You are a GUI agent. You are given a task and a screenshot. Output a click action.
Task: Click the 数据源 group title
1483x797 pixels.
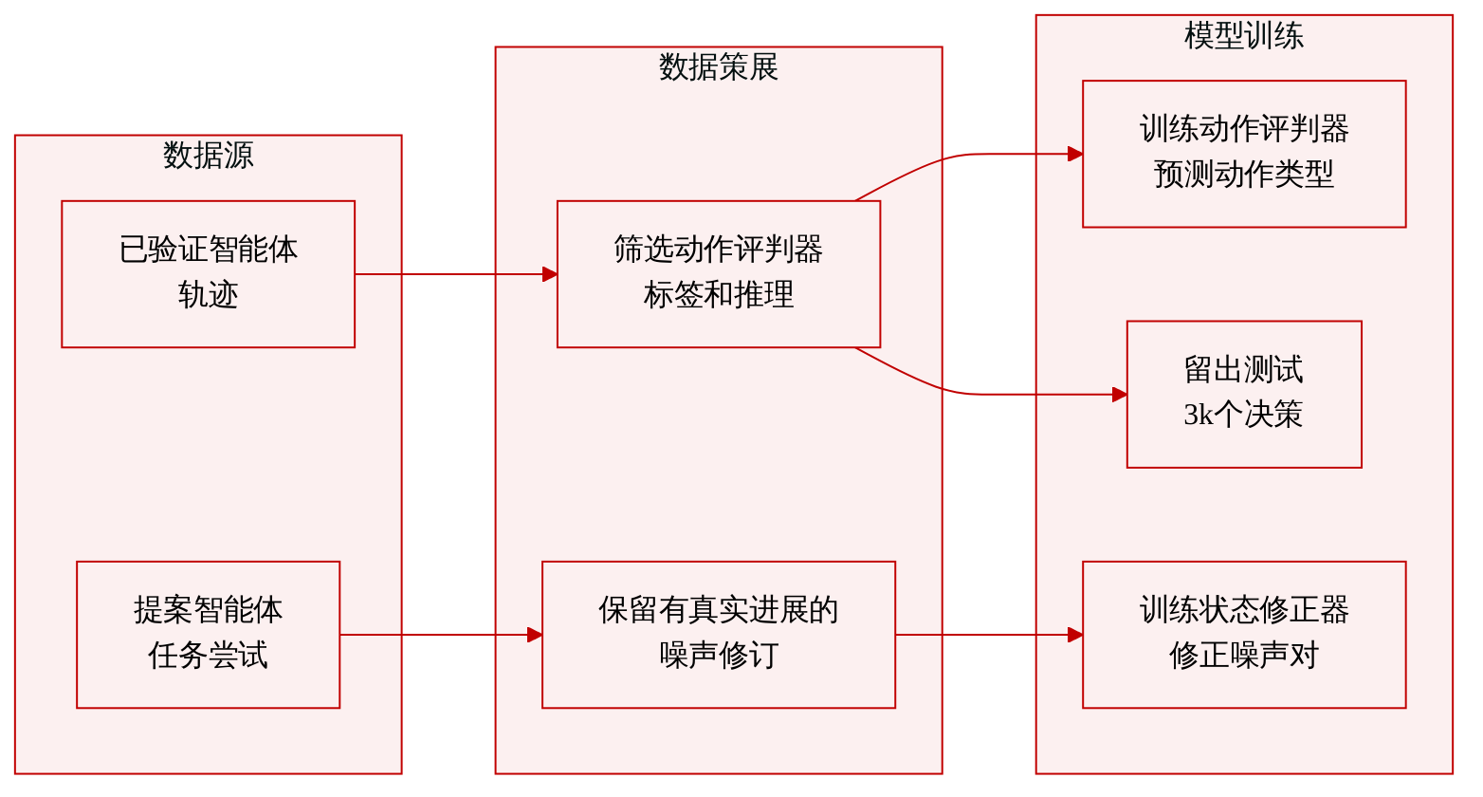(209, 155)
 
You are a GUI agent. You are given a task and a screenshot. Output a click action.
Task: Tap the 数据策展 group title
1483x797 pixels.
(719, 67)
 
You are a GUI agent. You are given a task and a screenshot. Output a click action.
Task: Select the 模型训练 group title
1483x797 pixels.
(1244, 35)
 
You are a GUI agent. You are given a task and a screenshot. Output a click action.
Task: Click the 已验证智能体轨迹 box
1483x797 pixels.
(209, 274)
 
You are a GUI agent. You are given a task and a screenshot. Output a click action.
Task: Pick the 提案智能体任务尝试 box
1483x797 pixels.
(209, 635)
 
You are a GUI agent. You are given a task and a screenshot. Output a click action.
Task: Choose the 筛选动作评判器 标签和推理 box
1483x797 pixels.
(719, 274)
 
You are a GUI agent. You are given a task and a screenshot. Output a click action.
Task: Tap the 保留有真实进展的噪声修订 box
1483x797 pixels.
(719, 635)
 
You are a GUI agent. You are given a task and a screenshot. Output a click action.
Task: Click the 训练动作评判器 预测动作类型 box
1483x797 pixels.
(1244, 154)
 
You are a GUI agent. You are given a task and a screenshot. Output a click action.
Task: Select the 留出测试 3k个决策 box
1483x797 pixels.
(1244, 394)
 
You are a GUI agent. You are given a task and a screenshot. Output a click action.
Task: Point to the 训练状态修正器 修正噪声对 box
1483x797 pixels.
(1244, 635)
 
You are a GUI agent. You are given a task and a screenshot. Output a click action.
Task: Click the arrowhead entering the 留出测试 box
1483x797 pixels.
(1120, 395)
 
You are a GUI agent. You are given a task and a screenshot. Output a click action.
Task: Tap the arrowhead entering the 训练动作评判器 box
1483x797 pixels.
(1075, 155)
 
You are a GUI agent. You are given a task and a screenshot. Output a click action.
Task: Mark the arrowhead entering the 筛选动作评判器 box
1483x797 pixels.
(550, 274)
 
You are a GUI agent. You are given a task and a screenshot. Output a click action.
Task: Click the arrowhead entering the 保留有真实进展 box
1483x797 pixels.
(534, 635)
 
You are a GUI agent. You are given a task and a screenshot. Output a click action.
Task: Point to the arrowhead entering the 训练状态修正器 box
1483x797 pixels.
(1075, 635)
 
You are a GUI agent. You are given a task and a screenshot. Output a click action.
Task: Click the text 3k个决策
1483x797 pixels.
(1243, 415)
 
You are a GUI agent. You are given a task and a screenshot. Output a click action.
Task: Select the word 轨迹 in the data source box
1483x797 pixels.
(209, 295)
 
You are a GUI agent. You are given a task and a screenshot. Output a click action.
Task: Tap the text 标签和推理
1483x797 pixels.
(719, 295)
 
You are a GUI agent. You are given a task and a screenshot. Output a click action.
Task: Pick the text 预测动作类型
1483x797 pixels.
(1244, 175)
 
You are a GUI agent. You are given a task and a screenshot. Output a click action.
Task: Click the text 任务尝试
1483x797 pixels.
(209, 656)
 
